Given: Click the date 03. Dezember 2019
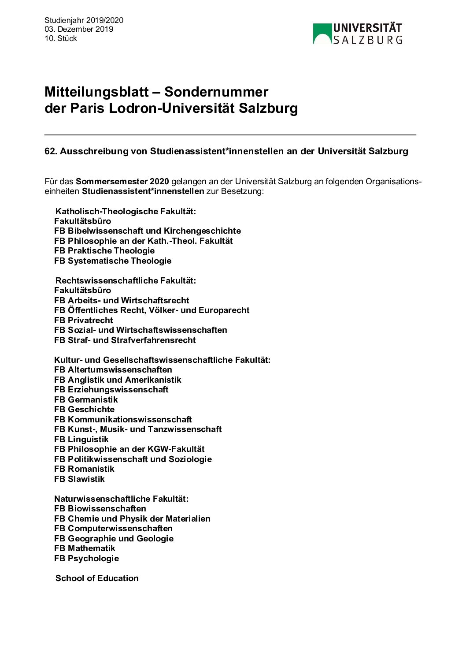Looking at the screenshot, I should click(79, 29).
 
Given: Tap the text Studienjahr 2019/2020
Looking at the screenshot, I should click(84, 20).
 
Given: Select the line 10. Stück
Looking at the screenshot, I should click(61, 38).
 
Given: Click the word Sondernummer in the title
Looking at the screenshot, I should click(216, 92).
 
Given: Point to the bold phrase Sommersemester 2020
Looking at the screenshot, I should click(122, 181).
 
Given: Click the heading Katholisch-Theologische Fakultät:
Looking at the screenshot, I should click(126, 211).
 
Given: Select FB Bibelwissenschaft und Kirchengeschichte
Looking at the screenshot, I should click(148, 231).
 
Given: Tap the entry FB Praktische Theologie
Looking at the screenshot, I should click(104, 250).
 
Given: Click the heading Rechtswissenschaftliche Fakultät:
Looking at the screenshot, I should click(126, 280).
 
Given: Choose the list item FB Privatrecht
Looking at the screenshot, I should click(84, 320).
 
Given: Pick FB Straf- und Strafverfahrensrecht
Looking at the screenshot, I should click(125, 340).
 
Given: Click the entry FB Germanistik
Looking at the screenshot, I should click(86, 399).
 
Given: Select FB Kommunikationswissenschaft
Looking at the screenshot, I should click(123, 419).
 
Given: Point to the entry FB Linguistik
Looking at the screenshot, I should click(81, 439).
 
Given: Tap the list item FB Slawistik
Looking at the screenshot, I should click(79, 479).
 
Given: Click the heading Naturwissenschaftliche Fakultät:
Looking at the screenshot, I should click(121, 499).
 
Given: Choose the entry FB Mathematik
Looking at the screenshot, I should click(85, 548).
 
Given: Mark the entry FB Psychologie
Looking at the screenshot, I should click(86, 558).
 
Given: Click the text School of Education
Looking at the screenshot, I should click(97, 578).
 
